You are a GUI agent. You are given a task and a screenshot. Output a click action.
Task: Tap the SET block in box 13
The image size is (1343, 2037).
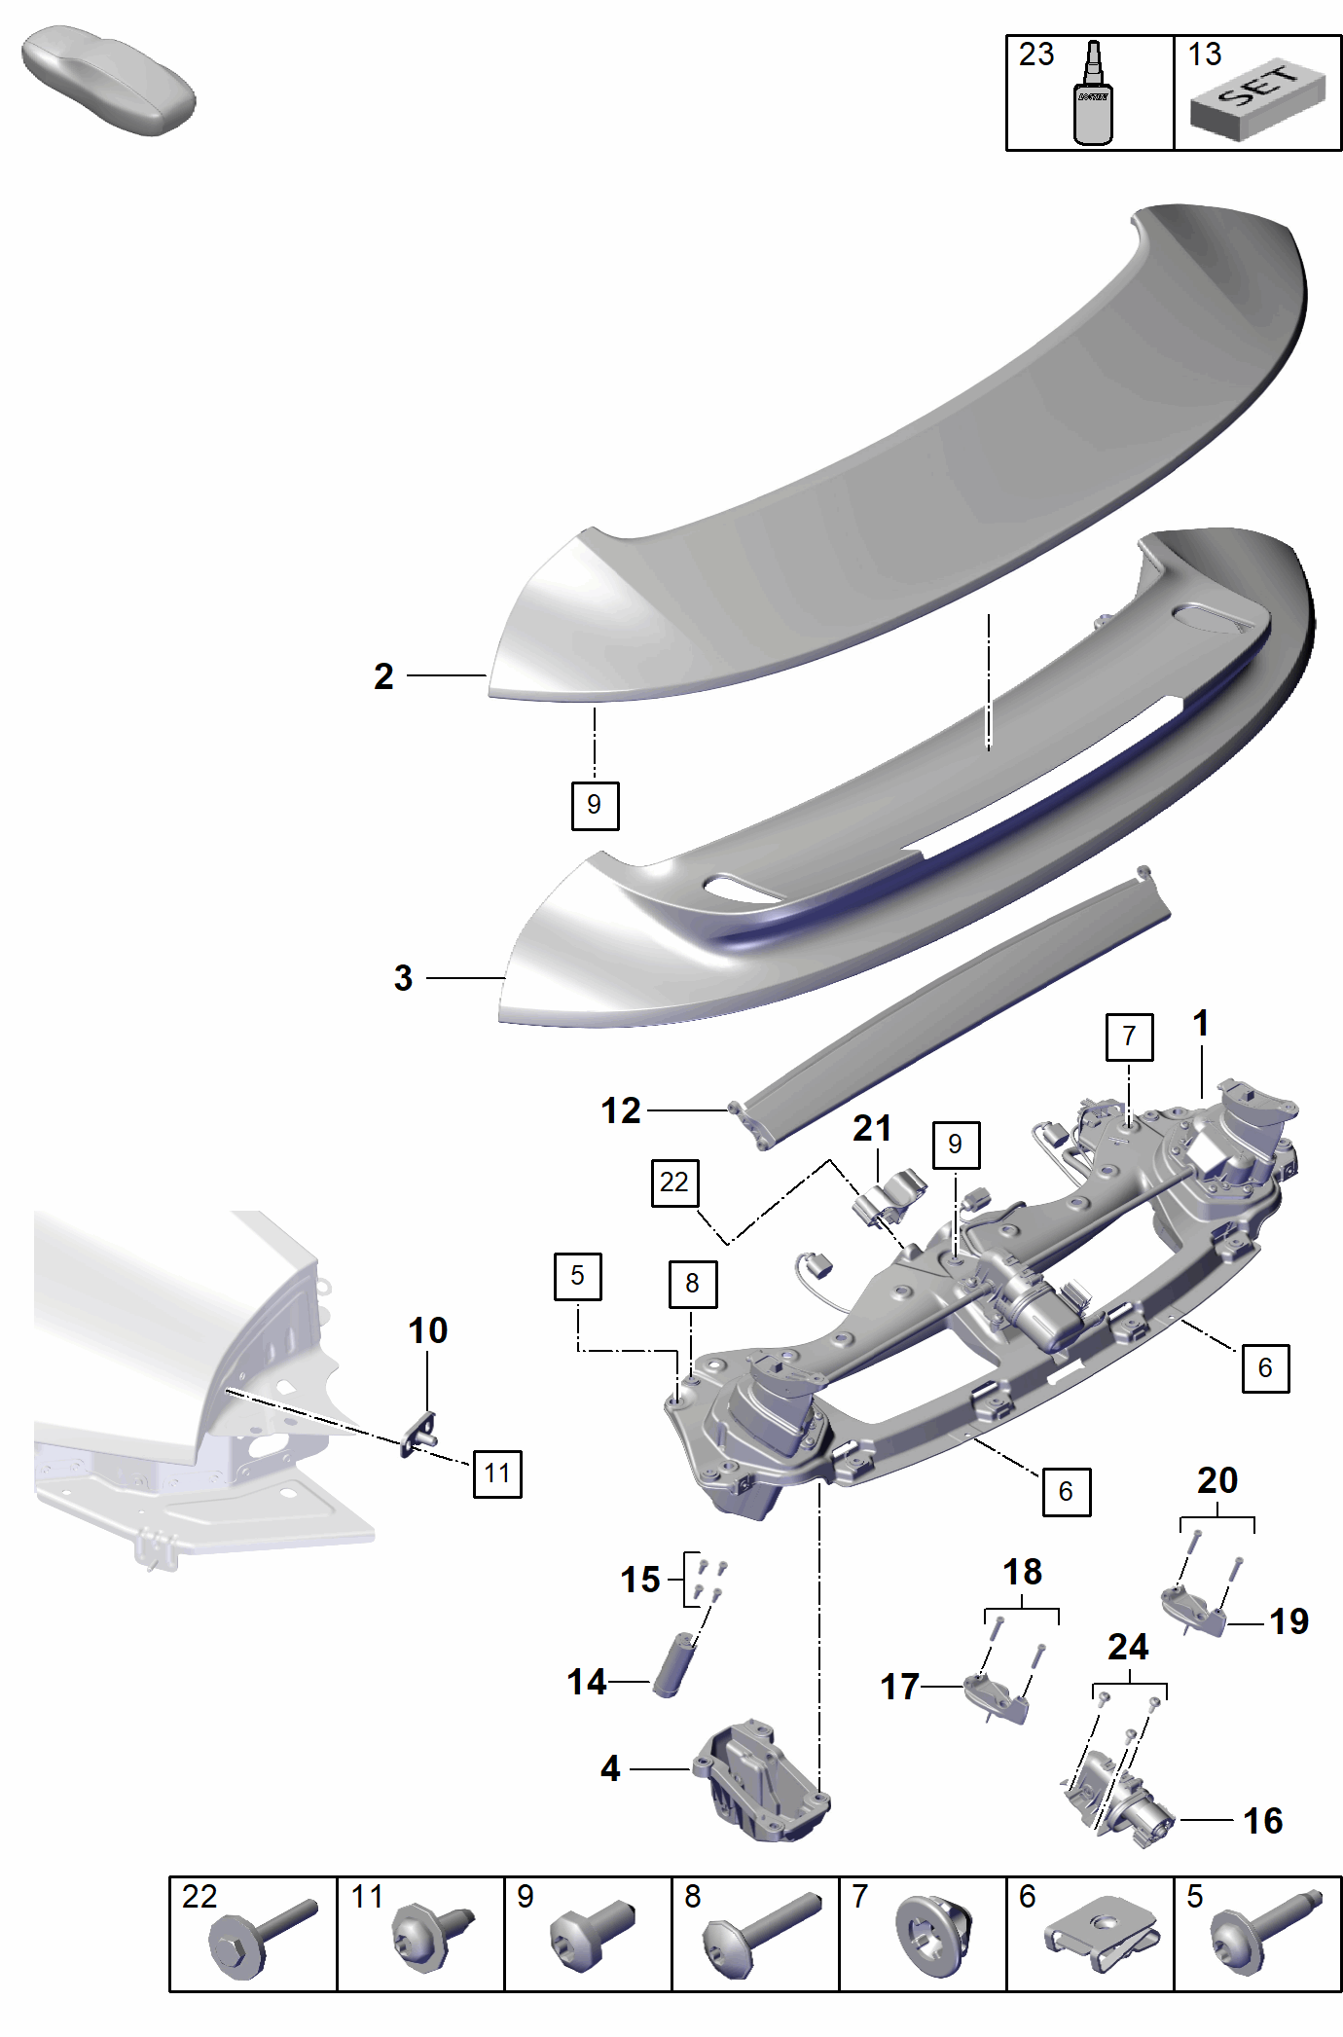(1256, 100)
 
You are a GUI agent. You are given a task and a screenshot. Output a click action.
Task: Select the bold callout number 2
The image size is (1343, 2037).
(383, 675)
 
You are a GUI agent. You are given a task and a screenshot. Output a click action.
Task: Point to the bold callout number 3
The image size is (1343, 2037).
(403, 977)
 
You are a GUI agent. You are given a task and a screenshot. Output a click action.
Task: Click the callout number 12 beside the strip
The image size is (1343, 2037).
(621, 1110)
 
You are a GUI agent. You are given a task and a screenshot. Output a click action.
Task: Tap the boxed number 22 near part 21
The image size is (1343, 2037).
(674, 1182)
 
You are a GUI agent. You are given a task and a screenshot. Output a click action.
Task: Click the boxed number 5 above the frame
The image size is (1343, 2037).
(578, 1276)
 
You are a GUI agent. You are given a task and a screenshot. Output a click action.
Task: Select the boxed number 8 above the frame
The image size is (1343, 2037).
(692, 1284)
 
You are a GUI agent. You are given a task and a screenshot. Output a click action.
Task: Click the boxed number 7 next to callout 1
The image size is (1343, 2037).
(1129, 1037)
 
